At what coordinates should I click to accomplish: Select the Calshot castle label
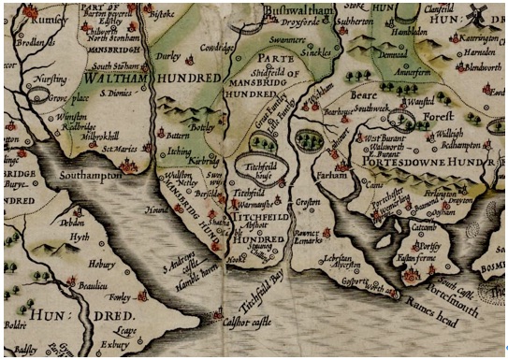click(x=249, y=325)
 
